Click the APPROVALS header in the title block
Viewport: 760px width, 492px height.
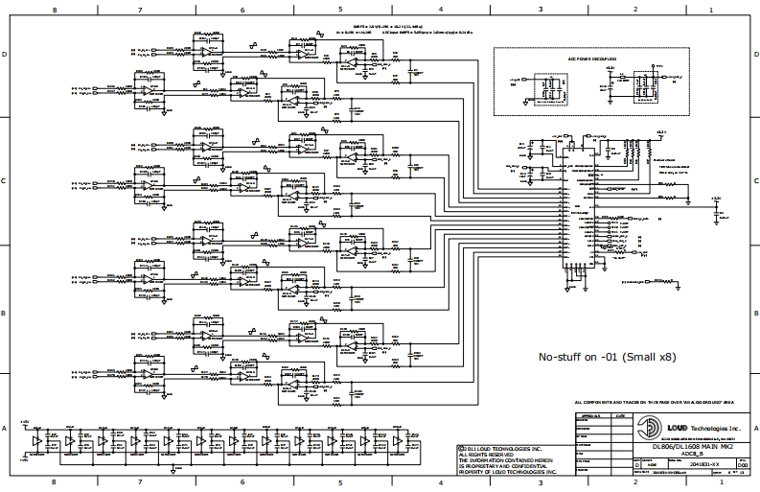coord(590,416)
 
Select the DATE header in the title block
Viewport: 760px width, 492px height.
coord(620,416)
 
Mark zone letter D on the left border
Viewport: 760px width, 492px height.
coord(6,55)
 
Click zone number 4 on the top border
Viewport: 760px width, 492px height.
coord(440,9)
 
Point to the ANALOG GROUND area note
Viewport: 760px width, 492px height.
coord(657,402)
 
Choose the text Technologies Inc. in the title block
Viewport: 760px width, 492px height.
coord(713,428)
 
